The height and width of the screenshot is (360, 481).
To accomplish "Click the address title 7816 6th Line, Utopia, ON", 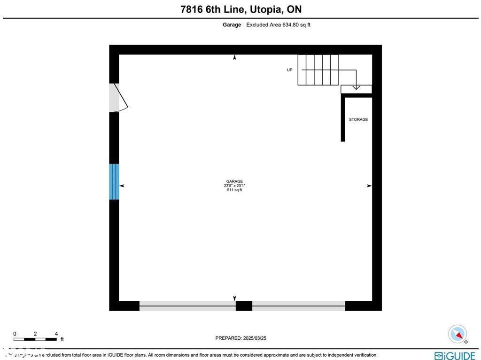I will [x=240, y=9].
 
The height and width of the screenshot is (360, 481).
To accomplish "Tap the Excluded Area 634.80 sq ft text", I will [x=278, y=25].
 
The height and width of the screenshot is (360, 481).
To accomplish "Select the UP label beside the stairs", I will [x=289, y=70].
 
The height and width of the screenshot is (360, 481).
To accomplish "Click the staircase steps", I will [x=318, y=70].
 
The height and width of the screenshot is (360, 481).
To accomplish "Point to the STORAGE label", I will [x=358, y=120].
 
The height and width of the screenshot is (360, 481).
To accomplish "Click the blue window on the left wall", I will [x=114, y=181].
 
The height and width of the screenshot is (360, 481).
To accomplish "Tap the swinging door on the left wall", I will [x=118, y=98].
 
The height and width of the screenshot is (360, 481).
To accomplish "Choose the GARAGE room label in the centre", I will [x=234, y=181].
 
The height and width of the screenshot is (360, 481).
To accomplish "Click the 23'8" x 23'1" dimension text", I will [x=234, y=186].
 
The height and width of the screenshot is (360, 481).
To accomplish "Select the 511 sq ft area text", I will [x=234, y=190].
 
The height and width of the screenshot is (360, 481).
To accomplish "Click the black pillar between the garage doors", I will [x=244, y=306].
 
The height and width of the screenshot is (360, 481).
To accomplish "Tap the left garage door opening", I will [x=187, y=306].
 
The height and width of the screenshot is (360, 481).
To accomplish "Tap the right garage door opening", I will [x=298, y=306].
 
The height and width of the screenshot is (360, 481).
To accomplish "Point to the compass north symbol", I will [x=457, y=334].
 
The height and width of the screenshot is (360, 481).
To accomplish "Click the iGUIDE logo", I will [x=455, y=355].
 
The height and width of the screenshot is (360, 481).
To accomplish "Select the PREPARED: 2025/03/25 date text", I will [x=240, y=338].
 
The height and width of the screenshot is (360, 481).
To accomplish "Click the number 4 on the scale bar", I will [x=56, y=334].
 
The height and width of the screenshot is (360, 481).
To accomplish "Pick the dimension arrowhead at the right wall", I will [x=369, y=186].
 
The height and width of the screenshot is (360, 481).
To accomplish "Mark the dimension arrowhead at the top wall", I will [x=234, y=57].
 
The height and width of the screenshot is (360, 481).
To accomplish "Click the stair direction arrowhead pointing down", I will [x=356, y=87].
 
